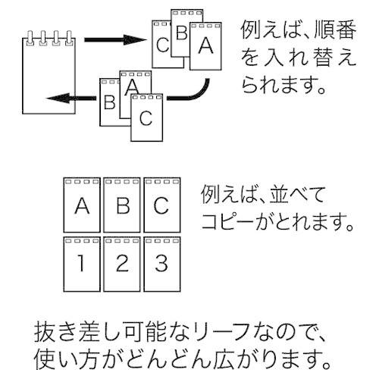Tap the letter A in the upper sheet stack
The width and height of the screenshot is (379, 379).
coord(205,45)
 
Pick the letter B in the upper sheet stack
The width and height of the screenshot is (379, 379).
coord(182,34)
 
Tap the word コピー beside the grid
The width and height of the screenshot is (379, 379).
coord(231,224)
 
